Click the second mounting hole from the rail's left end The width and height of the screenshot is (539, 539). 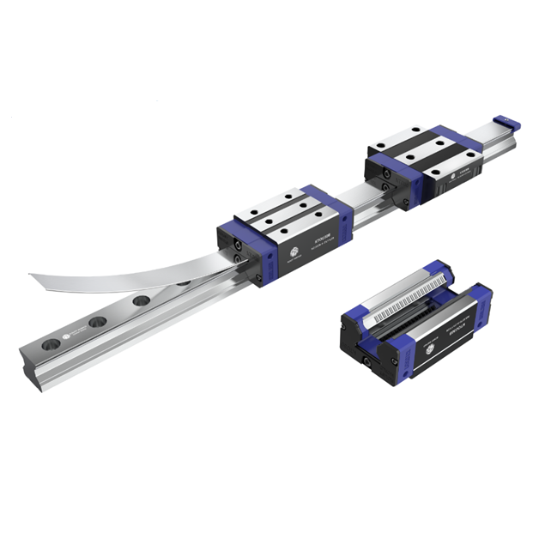click(98, 323)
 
